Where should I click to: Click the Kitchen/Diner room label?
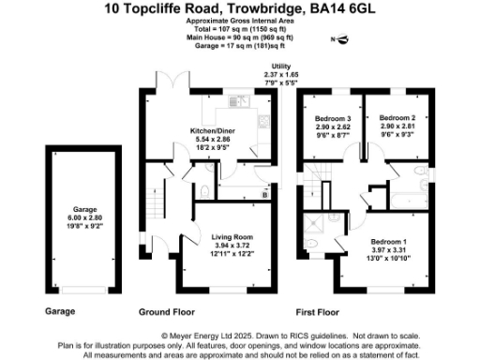coord(211,129)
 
